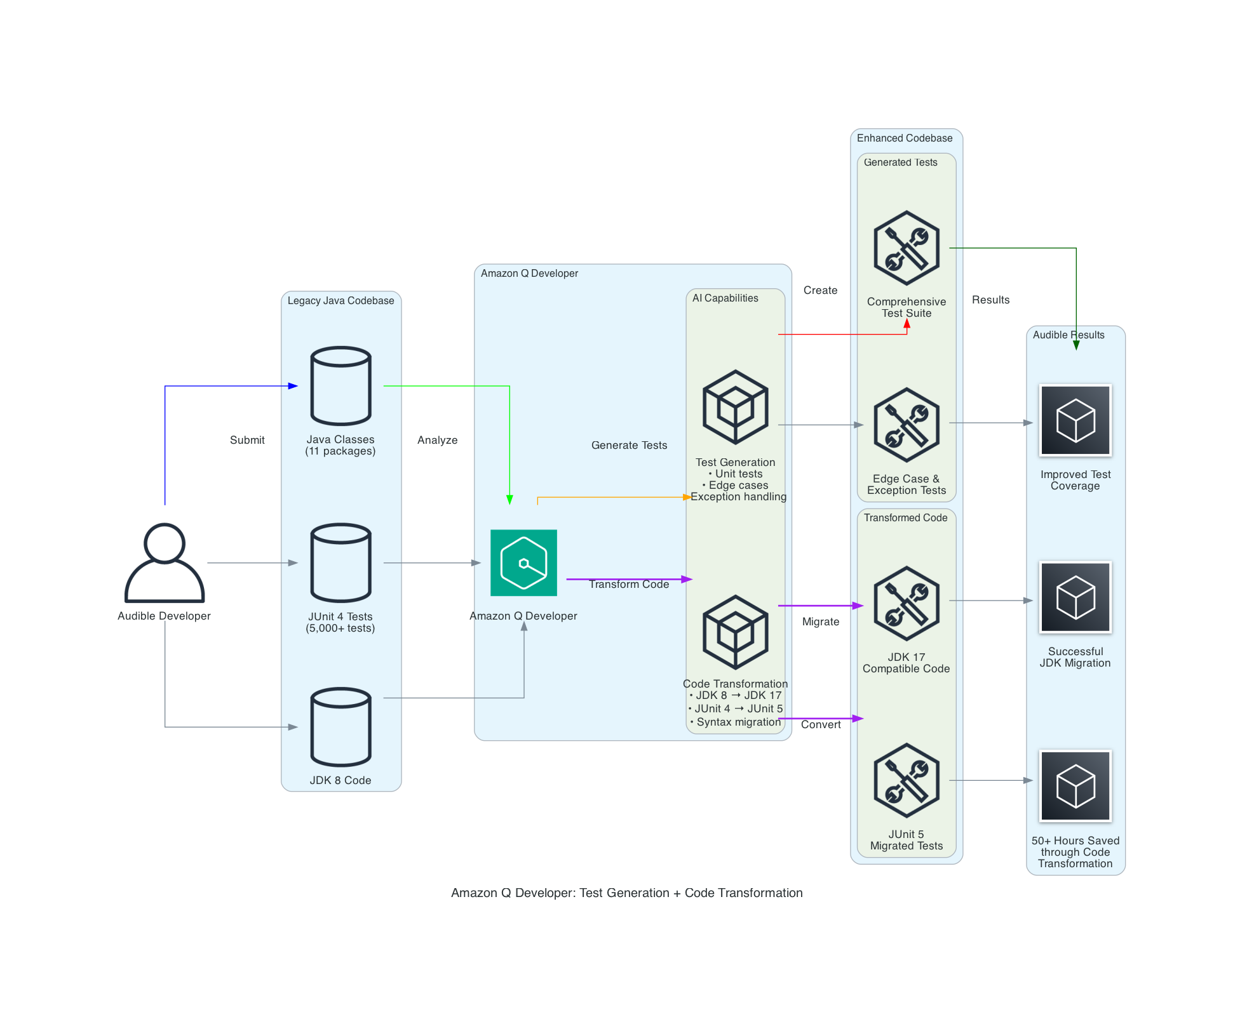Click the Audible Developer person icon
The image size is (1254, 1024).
(x=165, y=562)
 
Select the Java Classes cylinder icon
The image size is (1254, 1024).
(x=340, y=385)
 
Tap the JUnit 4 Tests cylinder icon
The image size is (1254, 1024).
(x=340, y=562)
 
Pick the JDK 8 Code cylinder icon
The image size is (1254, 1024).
(x=340, y=726)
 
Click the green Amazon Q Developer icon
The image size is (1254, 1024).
(x=523, y=562)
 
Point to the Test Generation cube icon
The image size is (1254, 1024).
(x=735, y=407)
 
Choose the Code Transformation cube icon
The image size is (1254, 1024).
(x=735, y=632)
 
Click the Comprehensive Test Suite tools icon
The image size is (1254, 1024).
(x=906, y=248)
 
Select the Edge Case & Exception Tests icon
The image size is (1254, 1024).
(x=906, y=425)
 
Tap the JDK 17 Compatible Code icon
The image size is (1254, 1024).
(x=906, y=603)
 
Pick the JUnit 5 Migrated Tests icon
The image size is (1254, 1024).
(x=906, y=780)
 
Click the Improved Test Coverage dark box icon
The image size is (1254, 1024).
(x=1075, y=420)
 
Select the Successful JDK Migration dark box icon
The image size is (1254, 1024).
(x=1075, y=597)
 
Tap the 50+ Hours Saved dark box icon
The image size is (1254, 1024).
(x=1075, y=786)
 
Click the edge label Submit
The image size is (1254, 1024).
(x=247, y=440)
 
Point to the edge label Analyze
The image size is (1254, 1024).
(x=437, y=440)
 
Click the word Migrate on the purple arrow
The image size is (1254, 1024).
(x=820, y=622)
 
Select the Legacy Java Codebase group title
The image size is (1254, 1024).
(x=340, y=300)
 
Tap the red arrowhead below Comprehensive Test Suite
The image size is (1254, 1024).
(x=907, y=324)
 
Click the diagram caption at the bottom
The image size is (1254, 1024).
(x=626, y=893)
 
